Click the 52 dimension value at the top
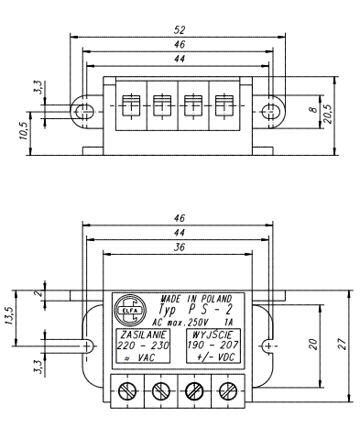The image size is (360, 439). point(180,30)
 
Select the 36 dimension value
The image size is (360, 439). point(180,247)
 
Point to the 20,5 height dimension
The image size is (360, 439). point(328,114)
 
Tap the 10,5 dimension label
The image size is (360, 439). point(24,131)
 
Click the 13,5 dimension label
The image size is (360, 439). point(9,314)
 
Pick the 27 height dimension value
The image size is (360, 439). point(343,345)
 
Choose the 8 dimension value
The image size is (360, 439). point(314,110)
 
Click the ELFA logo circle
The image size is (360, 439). point(130,310)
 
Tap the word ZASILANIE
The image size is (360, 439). point(144,335)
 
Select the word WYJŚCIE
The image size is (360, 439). point(213,335)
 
